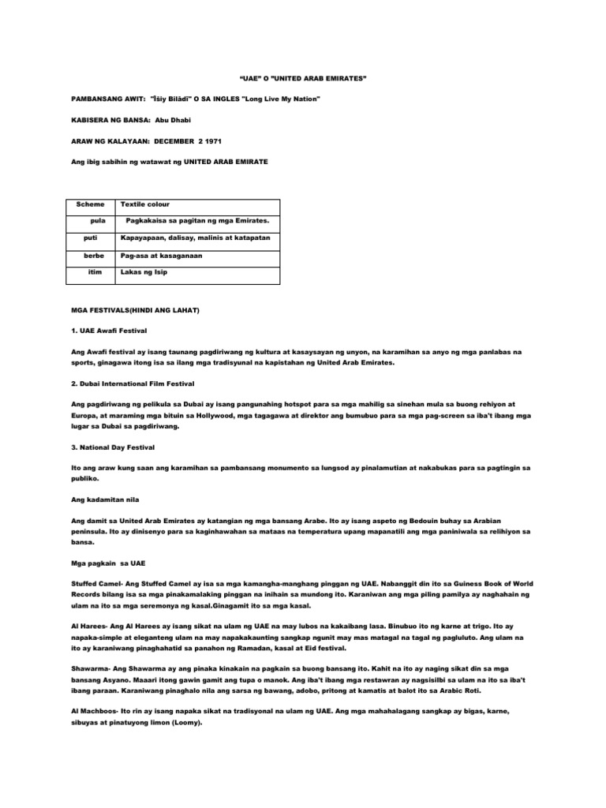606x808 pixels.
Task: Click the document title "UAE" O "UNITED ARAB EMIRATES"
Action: pos(303,80)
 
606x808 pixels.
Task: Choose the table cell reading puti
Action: pos(92,237)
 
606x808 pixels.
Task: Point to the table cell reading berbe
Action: pos(95,256)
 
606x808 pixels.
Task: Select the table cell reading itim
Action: pos(97,271)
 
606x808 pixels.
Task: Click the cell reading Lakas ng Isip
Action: pos(144,271)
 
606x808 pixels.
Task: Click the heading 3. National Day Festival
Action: pos(116,447)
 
